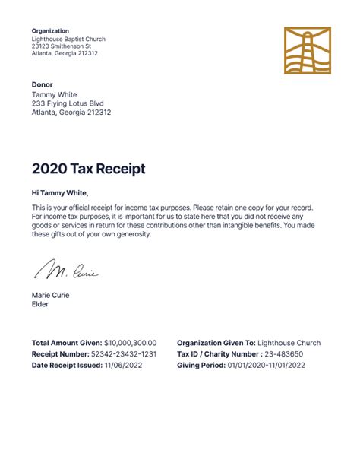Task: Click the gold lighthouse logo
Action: click(x=308, y=51)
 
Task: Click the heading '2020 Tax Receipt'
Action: click(x=88, y=169)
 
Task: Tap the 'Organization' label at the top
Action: click(x=50, y=31)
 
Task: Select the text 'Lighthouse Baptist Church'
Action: click(x=68, y=39)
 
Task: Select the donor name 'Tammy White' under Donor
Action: click(x=55, y=94)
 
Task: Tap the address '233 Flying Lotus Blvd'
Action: click(x=68, y=103)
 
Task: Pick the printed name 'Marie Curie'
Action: click(x=50, y=295)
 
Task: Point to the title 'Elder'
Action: click(x=40, y=304)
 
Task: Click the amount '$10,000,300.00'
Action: click(x=131, y=343)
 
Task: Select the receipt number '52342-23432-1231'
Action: click(x=124, y=354)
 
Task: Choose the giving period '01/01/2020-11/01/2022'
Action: click(x=267, y=366)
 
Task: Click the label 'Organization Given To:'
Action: click(x=216, y=343)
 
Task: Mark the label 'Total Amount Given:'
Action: click(x=67, y=343)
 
